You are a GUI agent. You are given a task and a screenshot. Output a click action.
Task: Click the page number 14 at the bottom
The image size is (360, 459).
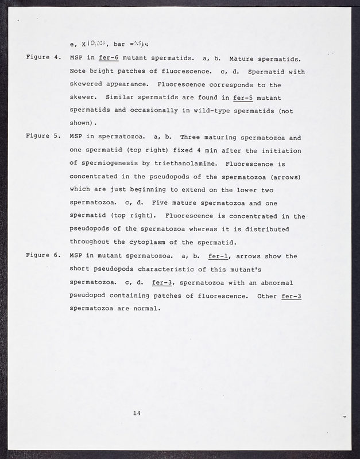pyautogui.click(x=137, y=413)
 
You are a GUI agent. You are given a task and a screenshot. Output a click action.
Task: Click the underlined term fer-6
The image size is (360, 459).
pyautogui.click(x=109, y=59)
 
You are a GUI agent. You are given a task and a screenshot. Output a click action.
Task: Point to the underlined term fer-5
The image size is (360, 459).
pyautogui.click(x=243, y=98)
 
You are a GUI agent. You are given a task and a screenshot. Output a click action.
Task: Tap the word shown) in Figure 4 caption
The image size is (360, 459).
pyautogui.click(x=83, y=123)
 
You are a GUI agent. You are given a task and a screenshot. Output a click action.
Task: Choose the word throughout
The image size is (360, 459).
pyautogui.click(x=91, y=243)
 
